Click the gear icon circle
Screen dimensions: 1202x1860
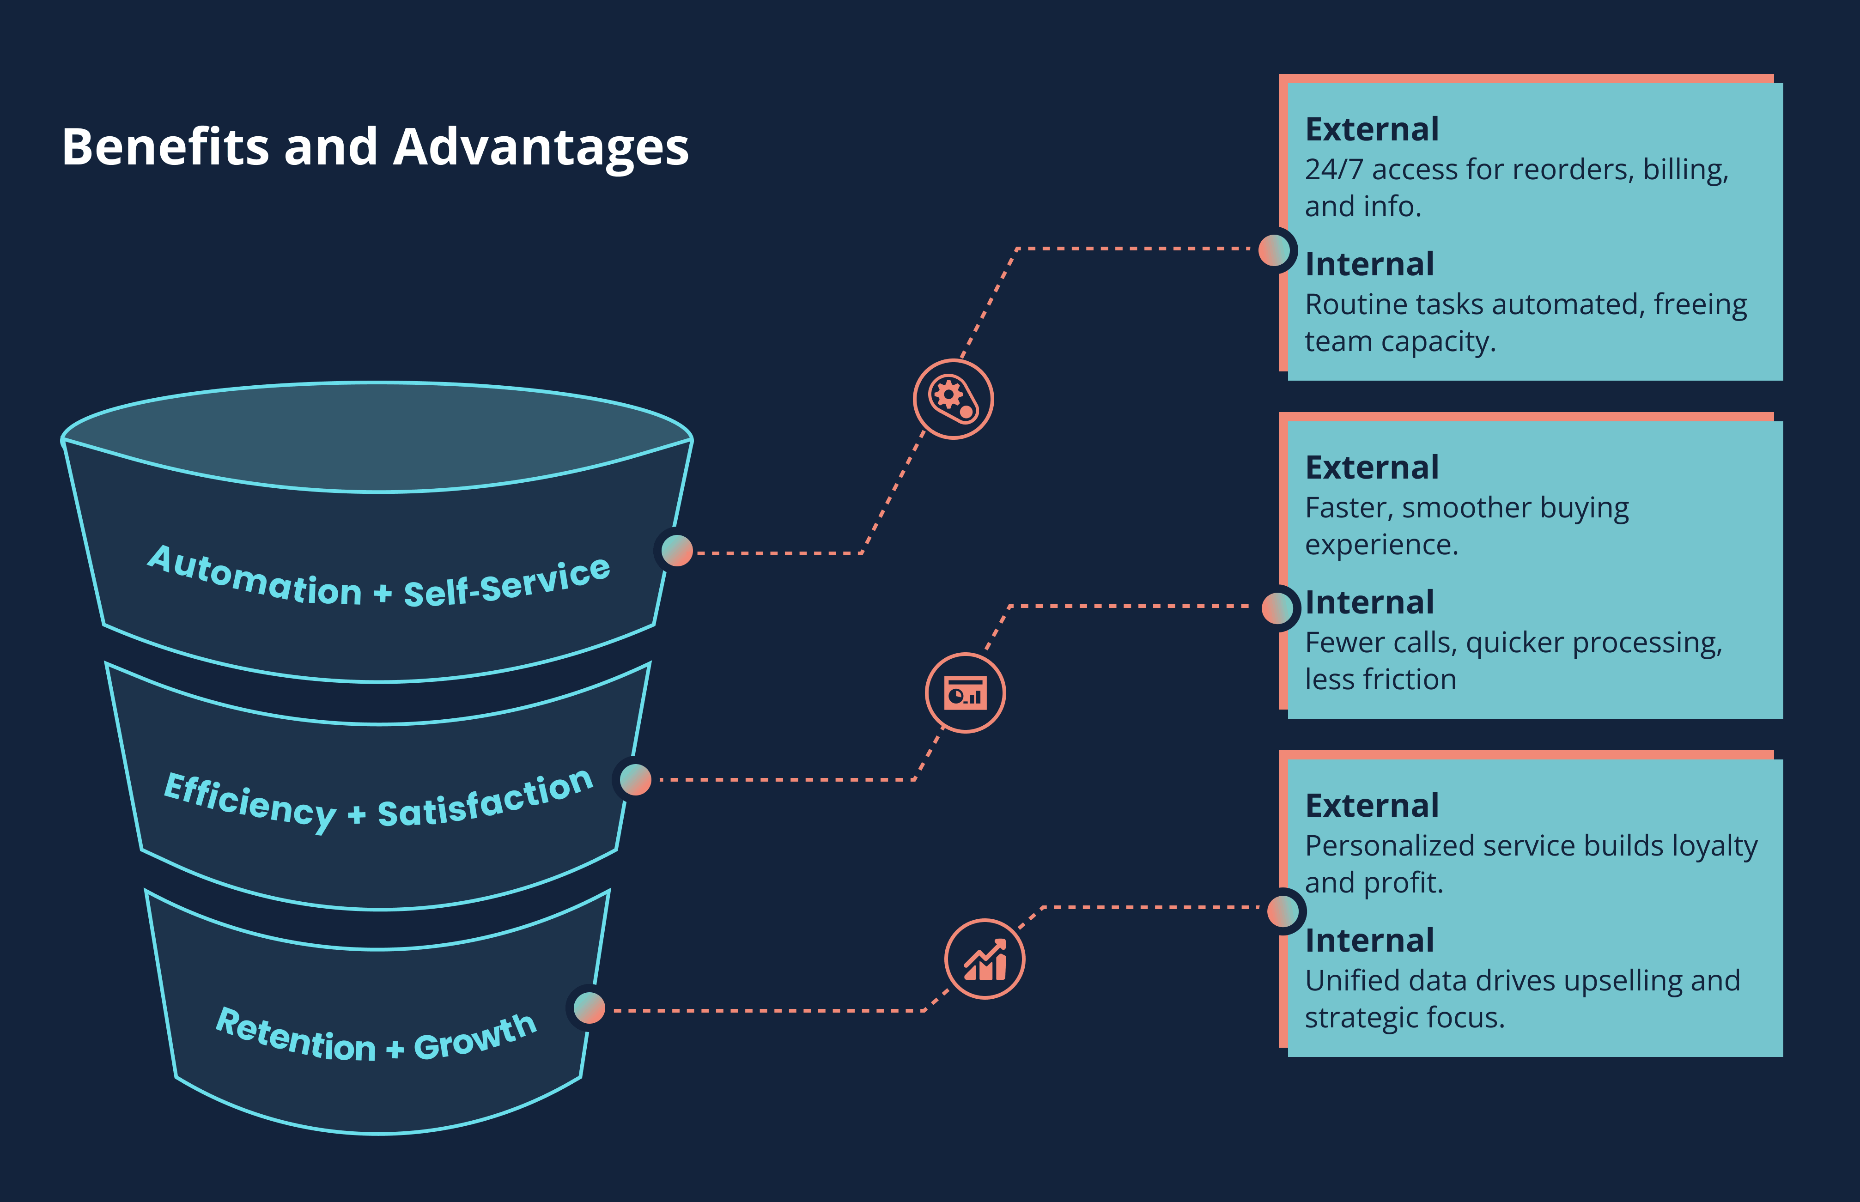[x=953, y=399]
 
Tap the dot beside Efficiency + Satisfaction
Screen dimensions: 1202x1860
[x=635, y=779]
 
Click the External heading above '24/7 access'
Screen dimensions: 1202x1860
[x=1371, y=129]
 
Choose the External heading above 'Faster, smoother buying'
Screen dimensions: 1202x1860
[x=1371, y=467]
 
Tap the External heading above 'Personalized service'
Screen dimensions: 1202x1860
[x=1371, y=806]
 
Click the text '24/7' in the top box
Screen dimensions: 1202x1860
[x=1333, y=170]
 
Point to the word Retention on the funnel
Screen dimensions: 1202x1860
[x=295, y=1037]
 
